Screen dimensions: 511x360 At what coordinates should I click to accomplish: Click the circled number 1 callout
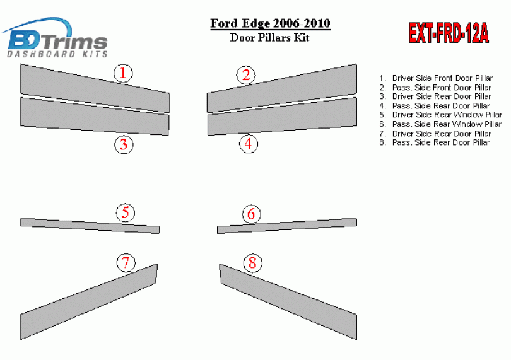click(123, 73)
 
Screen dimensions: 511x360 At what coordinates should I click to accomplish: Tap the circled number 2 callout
click(246, 75)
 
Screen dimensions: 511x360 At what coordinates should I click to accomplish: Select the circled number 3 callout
click(124, 144)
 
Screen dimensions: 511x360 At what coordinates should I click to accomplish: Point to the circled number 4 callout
click(249, 144)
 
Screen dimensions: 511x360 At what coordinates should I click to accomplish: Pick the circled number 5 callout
click(126, 212)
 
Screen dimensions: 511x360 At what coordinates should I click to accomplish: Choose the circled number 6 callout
click(251, 214)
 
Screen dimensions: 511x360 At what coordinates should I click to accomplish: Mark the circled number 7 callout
click(126, 262)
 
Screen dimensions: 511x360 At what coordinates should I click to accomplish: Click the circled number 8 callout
click(252, 263)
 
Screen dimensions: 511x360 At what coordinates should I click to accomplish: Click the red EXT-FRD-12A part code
click(449, 33)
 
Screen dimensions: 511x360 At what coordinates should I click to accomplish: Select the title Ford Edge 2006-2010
click(270, 23)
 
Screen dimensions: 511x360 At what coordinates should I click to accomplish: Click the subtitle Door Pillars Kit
click(270, 37)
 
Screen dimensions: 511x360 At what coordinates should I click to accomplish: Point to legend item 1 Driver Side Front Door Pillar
click(436, 78)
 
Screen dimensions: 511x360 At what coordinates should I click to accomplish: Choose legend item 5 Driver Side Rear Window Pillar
click(440, 115)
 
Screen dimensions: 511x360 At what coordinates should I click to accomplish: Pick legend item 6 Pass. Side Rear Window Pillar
click(440, 124)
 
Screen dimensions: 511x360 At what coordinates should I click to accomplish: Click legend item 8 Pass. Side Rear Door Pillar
click(435, 142)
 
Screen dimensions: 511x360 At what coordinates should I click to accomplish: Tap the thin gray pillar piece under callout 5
click(90, 226)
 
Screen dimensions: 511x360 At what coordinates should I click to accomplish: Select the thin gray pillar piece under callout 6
click(287, 226)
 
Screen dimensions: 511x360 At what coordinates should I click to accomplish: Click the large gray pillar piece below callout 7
click(88, 302)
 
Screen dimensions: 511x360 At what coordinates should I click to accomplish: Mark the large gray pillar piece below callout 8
click(288, 302)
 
